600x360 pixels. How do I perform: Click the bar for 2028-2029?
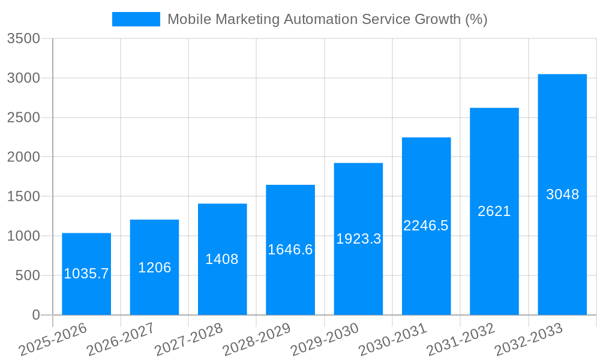[290, 282]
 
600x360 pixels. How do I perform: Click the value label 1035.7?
[86, 274]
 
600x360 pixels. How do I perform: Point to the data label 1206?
[154, 268]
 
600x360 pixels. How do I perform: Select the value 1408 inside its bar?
[222, 259]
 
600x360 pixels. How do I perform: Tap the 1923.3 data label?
[358, 239]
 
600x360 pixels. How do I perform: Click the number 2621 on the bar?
[494, 211]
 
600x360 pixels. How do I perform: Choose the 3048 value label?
[562, 194]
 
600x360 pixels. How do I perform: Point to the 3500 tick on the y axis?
[23, 38]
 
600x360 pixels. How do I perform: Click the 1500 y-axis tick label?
[23, 197]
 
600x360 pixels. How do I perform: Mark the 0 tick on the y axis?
[35, 315]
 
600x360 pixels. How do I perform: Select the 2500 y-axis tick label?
[23, 118]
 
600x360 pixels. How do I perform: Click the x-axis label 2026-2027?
[121, 340]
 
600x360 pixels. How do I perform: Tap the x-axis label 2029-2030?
[325, 340]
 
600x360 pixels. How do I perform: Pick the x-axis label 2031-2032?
[461, 340]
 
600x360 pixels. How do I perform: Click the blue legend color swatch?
[136, 19]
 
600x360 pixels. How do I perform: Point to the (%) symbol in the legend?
[476, 19]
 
